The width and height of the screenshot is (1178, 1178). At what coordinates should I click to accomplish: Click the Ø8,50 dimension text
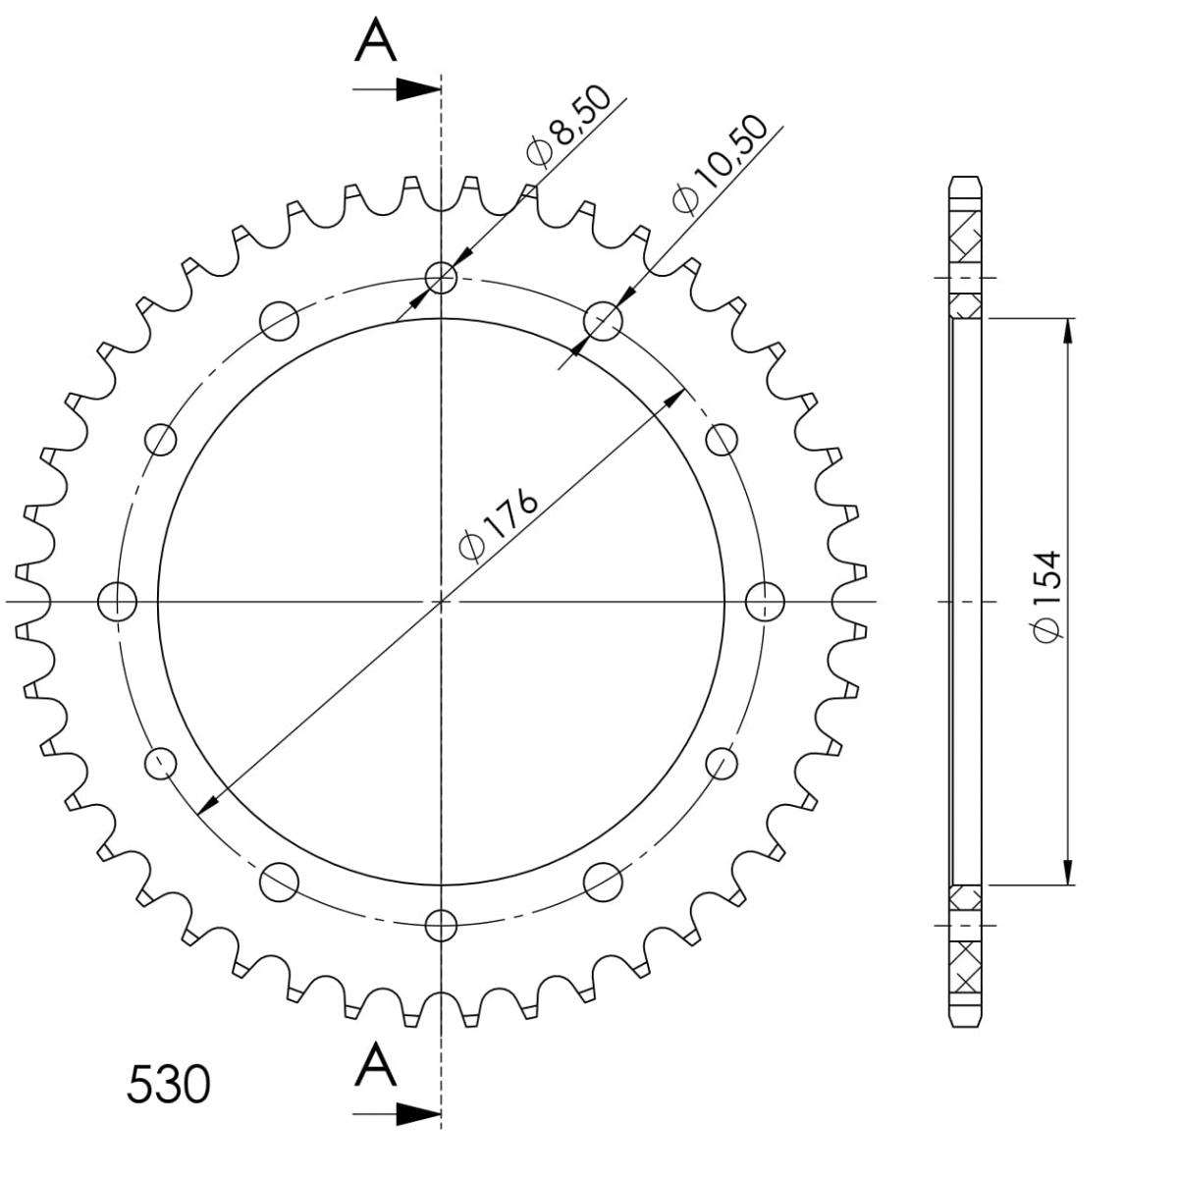click(568, 127)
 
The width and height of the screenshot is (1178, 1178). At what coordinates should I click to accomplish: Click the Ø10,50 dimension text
click(719, 165)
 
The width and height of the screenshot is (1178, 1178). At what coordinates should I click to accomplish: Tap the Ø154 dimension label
click(1047, 597)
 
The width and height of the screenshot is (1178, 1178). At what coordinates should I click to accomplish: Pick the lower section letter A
click(375, 1065)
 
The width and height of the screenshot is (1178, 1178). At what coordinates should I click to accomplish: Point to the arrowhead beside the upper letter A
click(419, 89)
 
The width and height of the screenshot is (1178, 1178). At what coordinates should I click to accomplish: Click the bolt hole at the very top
click(441, 278)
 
